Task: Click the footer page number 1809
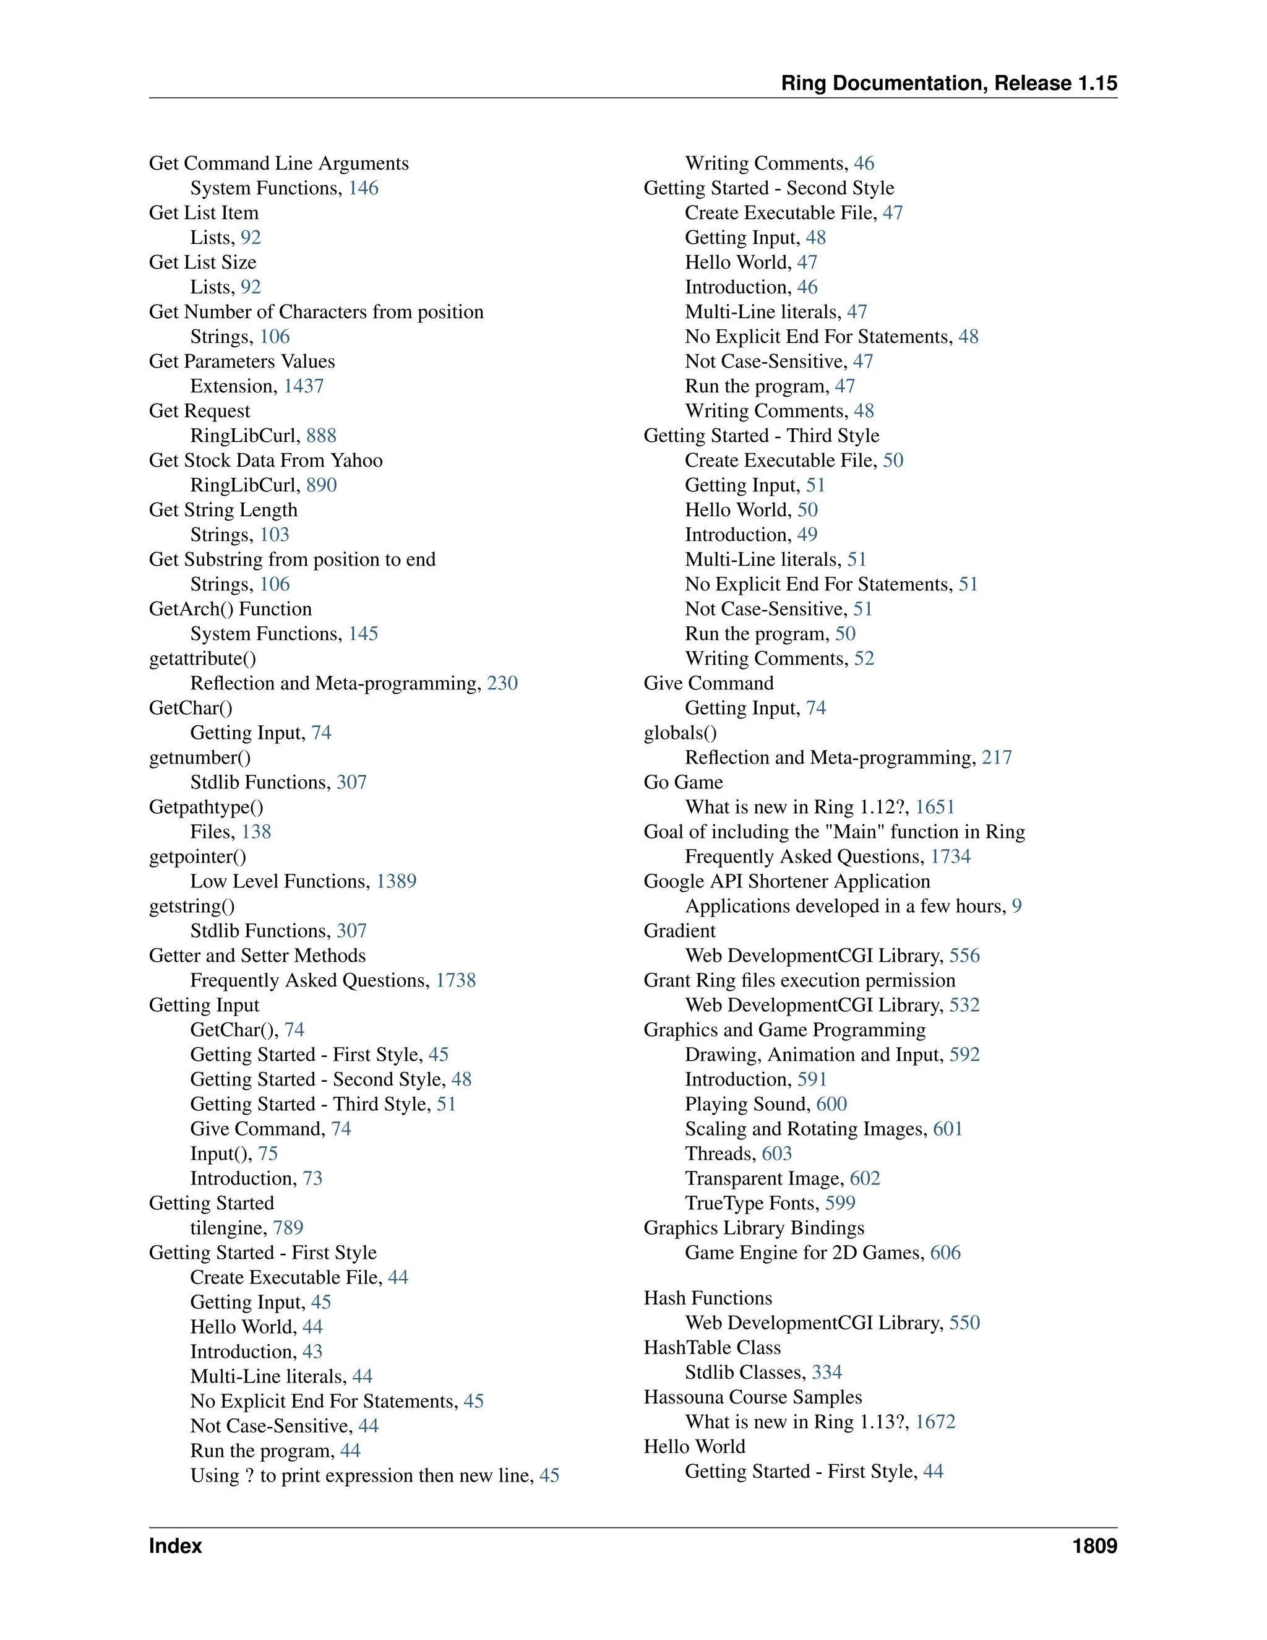[x=1094, y=1545]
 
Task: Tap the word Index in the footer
[x=176, y=1545]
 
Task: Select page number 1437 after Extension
[x=303, y=386]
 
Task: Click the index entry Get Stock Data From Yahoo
[x=265, y=460]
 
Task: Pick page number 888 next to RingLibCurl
[x=321, y=436]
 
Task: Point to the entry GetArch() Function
[x=230, y=609]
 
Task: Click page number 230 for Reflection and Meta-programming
[x=502, y=683]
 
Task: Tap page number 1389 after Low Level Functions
[x=397, y=881]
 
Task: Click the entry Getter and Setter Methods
[x=257, y=956]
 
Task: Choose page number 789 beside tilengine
[x=288, y=1228]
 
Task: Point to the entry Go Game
[x=683, y=782]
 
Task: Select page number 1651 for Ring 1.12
[x=935, y=807]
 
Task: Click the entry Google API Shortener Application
[x=787, y=881]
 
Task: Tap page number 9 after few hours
[x=1016, y=907]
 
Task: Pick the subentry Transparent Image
[x=764, y=1178]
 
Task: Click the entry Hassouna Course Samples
[x=753, y=1397]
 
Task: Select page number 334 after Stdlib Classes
[x=827, y=1372]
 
